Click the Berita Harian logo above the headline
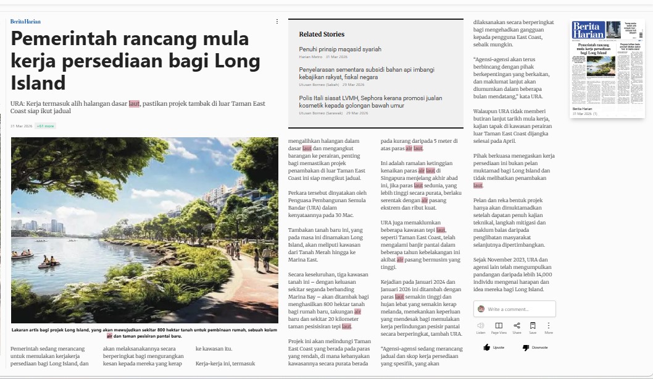coord(25,22)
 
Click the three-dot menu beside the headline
coord(277,22)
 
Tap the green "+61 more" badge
coord(46,126)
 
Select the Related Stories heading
coord(322,34)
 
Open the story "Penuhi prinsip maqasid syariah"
coord(340,49)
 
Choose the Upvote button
coord(494,347)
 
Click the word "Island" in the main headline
coord(38,83)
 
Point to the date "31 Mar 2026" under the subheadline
coord(21,126)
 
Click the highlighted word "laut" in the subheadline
coord(135,104)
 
